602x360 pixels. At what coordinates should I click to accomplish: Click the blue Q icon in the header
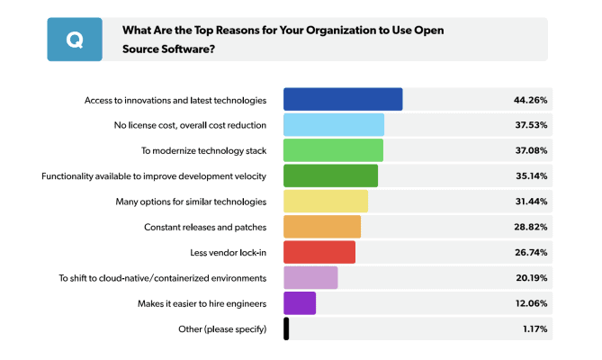[75, 40]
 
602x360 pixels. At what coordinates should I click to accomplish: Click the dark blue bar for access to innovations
[343, 99]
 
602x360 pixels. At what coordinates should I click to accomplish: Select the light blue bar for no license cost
[334, 125]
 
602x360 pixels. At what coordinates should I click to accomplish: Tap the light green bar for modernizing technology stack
[333, 150]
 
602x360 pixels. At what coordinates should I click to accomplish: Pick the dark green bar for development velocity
[330, 175]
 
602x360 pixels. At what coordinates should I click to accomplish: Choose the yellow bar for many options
[326, 201]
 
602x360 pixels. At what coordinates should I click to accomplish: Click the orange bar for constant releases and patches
[322, 227]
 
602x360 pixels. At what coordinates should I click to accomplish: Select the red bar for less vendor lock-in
[319, 252]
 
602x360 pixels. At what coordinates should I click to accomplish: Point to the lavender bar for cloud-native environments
[310, 277]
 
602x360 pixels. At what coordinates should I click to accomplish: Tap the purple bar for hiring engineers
[300, 303]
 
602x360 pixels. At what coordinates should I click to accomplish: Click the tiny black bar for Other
[286, 328]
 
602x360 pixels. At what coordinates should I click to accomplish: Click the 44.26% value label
[530, 99]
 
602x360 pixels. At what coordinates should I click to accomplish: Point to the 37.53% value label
[530, 125]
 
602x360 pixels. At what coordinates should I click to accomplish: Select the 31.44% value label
[530, 201]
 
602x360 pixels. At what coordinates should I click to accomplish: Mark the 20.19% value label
[530, 277]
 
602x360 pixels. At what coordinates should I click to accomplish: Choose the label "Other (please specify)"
[222, 328]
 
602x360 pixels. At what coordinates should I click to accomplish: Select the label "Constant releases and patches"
[205, 227]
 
